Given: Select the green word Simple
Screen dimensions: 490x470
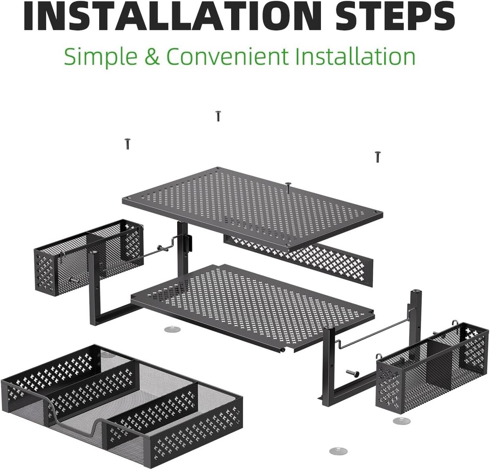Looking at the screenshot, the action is [x=101, y=57].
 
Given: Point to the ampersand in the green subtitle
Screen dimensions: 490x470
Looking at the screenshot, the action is [x=152, y=56].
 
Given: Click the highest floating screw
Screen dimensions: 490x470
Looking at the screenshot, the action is [x=218, y=116].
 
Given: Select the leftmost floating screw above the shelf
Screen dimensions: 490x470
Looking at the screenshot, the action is [x=127, y=144].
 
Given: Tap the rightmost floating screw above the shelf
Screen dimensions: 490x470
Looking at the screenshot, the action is [x=377, y=157].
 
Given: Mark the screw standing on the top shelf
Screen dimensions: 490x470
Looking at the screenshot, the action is [x=288, y=187].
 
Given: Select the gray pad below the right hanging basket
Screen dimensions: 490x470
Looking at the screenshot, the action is [x=402, y=421].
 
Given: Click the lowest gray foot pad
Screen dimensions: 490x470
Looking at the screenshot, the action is [x=338, y=450].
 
